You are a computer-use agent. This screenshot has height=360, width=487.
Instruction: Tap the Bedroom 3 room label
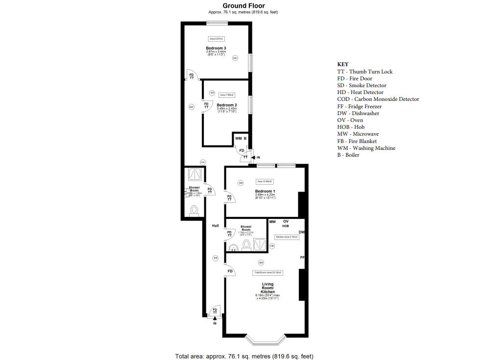pos(216,48)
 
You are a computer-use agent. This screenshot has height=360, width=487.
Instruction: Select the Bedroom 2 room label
pos(227,105)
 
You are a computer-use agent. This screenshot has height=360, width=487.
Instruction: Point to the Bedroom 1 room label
pos(265,191)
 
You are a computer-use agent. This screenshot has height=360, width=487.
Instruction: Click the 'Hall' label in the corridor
pos(215,226)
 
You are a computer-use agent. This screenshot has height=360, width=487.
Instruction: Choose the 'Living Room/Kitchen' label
pos(268,288)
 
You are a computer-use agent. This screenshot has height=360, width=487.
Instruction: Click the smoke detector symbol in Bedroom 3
pos(235,58)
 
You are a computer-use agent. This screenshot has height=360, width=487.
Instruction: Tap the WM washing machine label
pos(238,139)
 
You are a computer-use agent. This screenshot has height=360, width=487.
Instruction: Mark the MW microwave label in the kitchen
pos(272,222)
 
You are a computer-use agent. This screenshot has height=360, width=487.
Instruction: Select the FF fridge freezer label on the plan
pos(302,257)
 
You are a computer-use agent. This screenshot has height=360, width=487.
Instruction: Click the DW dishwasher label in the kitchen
pos(302,232)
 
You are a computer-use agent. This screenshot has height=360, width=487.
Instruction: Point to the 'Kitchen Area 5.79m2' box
pos(287,237)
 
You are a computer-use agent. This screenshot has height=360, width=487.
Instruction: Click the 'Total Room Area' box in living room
pos(268,272)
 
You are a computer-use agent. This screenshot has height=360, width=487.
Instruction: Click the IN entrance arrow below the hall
pos(215,319)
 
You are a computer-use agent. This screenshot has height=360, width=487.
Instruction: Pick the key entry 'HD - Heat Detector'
pos(360,92)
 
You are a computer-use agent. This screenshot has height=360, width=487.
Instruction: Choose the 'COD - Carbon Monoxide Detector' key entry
pos(378,99)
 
